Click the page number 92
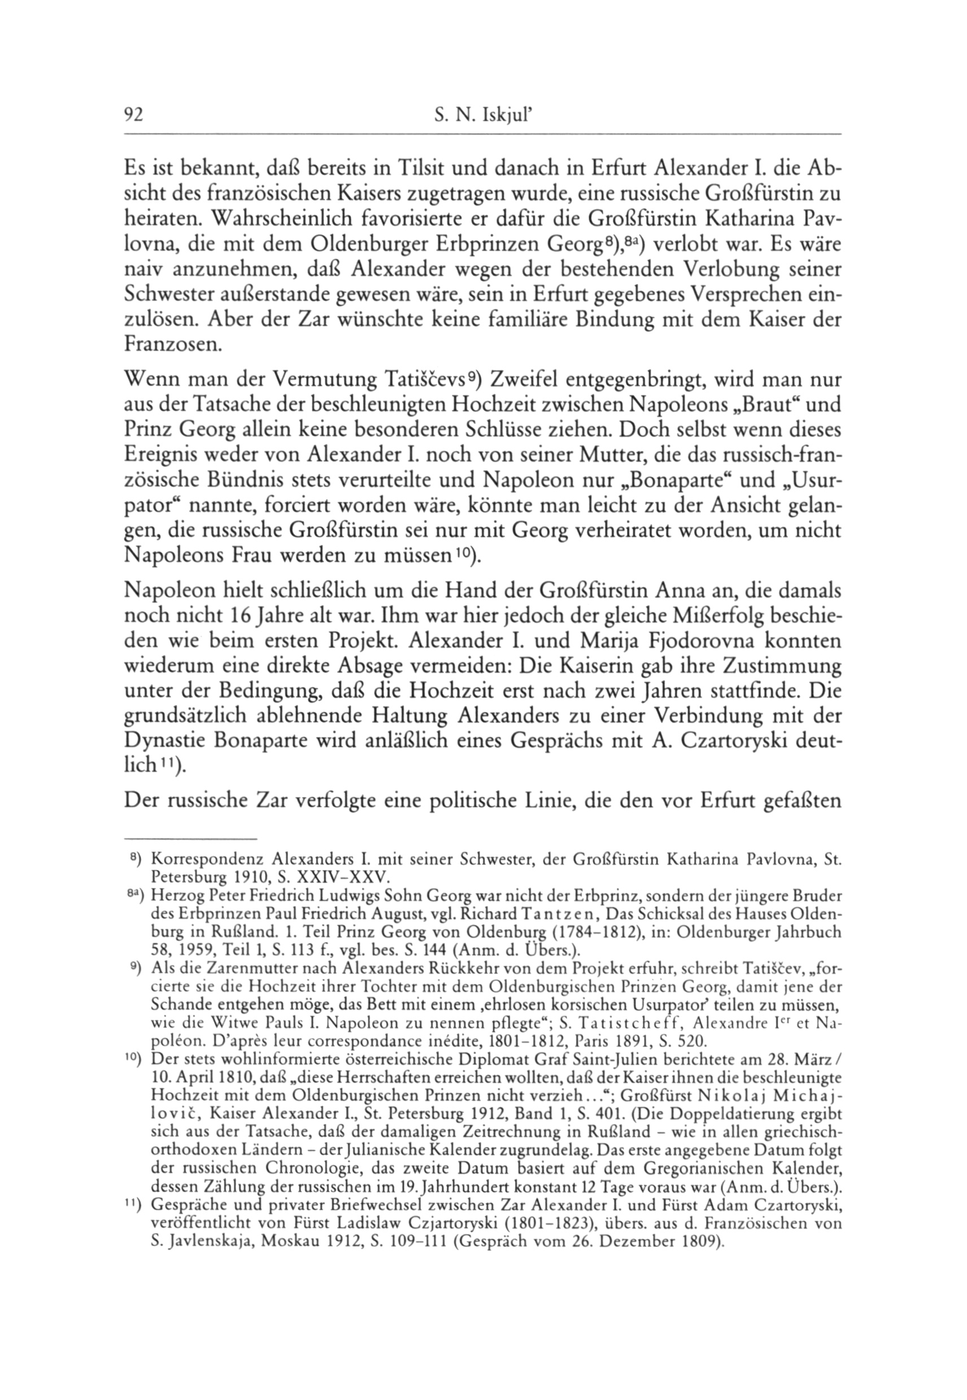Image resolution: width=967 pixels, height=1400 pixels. [133, 116]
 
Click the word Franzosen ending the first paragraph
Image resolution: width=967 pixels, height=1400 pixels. [172, 345]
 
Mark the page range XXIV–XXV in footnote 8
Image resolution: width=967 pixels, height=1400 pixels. [349, 877]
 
